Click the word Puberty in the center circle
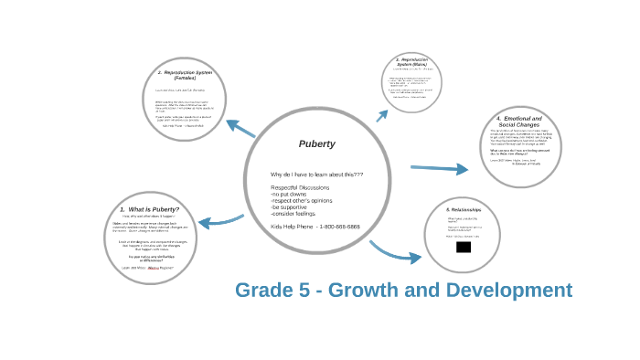316,144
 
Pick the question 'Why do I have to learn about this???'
316,175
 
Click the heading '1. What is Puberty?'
149,209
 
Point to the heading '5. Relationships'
463,210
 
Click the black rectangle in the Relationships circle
464,247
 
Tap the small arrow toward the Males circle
382,115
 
